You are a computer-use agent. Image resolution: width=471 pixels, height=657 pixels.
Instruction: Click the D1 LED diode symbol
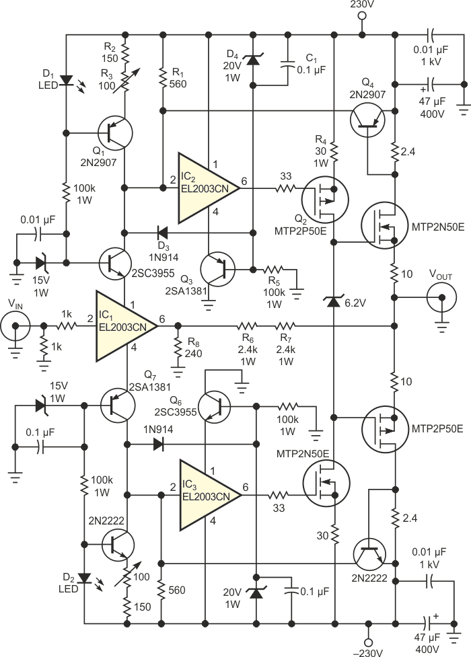pyautogui.click(x=66, y=80)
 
